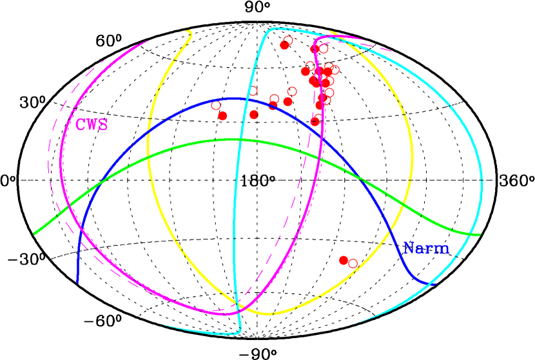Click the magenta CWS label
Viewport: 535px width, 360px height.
[92, 125]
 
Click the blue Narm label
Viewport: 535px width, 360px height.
[426, 248]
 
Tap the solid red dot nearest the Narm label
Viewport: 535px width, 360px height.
[344, 260]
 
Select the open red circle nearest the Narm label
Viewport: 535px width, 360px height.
[353, 263]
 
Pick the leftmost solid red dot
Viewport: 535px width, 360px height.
[223, 116]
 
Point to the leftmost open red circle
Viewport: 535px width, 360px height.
[216, 105]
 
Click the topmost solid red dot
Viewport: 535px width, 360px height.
[284, 45]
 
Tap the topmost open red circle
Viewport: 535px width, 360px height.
[288, 41]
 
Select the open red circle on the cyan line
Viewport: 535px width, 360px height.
[253, 91]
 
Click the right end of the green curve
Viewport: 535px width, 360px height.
[480, 234]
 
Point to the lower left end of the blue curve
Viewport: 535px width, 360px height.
[77, 281]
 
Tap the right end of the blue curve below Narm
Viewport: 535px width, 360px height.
[434, 283]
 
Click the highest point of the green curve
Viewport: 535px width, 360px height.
[235, 139]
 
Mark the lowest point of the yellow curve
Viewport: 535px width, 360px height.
[267, 314]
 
